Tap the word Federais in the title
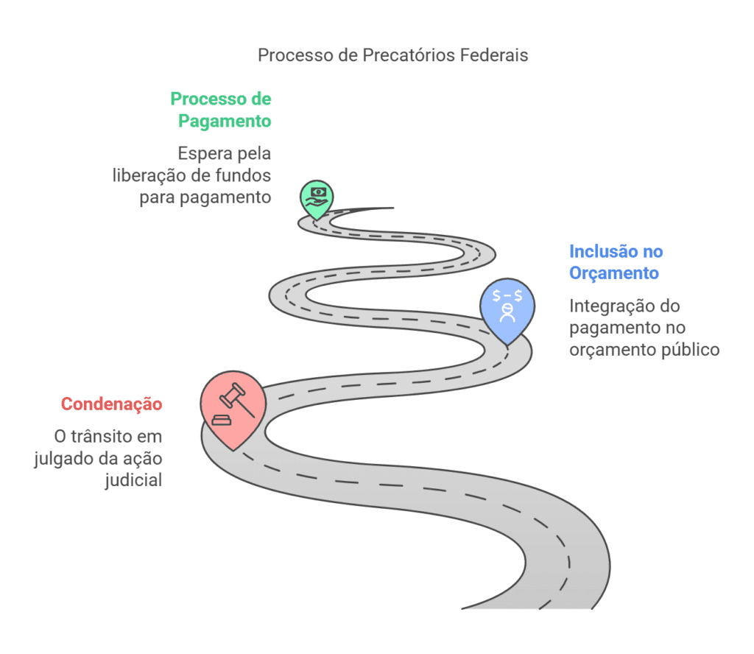coord(493,56)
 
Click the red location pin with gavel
coord(233,408)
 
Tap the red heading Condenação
coord(111,404)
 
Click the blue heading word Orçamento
coord(614,273)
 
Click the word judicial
coord(134,480)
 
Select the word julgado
coord(63,458)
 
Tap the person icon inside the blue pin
coord(507,314)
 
